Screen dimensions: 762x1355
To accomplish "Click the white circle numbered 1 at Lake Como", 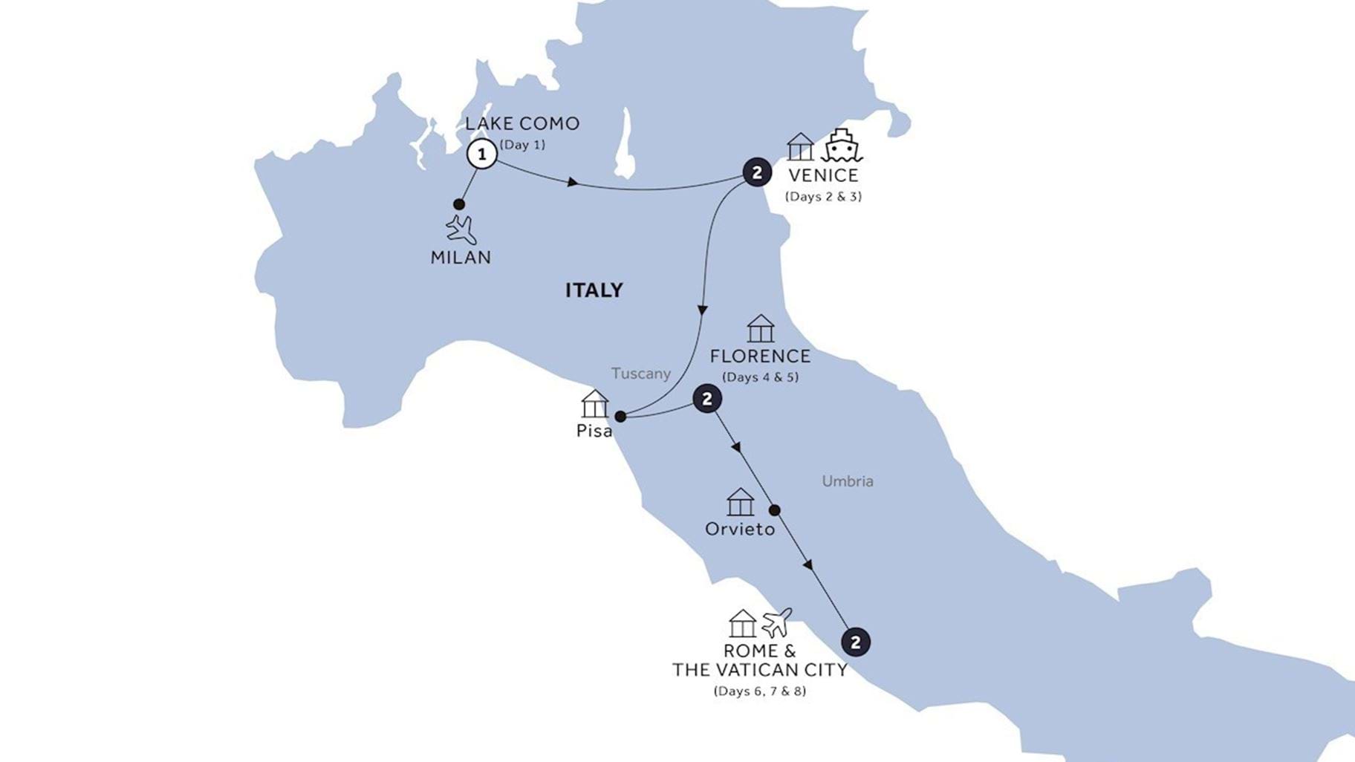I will coord(482,154).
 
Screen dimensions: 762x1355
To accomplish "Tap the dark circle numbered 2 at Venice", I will coord(756,173).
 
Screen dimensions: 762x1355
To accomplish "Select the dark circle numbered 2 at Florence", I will coord(706,400).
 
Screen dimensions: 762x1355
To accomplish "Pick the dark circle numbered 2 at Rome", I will coord(855,642).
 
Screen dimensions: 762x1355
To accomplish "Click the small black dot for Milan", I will coord(459,204).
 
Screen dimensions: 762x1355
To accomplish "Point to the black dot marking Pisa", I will coord(620,417).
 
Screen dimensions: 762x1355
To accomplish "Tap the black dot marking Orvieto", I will coord(774,510).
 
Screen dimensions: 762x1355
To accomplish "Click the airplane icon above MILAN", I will coord(461,229).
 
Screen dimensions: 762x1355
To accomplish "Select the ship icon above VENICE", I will coord(841,146).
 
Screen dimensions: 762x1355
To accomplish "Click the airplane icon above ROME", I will coord(776,622).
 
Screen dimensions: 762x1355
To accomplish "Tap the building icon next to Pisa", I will coord(594,404).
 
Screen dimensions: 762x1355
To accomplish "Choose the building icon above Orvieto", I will coord(740,502).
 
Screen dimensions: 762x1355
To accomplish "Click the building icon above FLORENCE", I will coord(760,329).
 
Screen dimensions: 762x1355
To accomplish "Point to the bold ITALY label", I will coord(594,290).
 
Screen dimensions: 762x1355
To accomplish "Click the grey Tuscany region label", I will coord(640,374).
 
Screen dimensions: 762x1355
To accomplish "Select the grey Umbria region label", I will coord(847,481).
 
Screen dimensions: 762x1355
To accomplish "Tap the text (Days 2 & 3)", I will coord(823,197).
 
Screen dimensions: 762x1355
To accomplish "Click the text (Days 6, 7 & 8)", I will coord(759,691).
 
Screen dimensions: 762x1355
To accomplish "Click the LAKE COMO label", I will coord(522,123).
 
